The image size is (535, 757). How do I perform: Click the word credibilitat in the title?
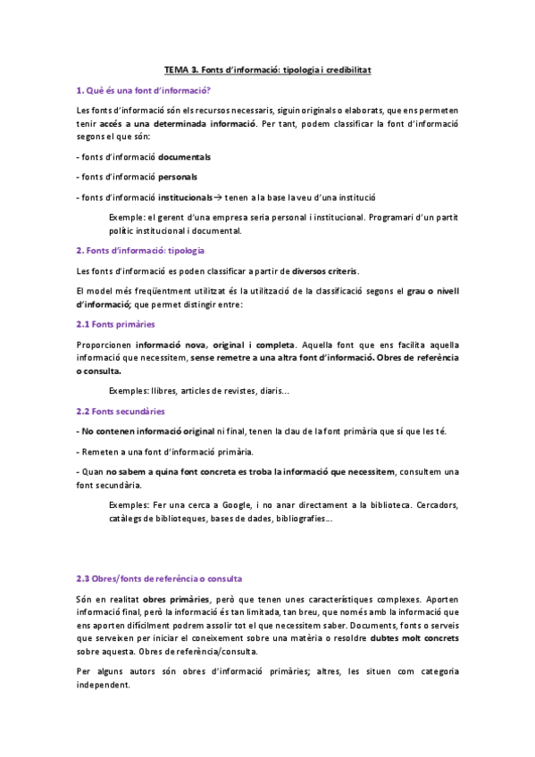pos(346,69)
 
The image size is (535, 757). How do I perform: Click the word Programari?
pos(389,217)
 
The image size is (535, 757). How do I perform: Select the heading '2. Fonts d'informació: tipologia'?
pos(140,251)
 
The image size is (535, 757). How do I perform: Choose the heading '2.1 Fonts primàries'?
pos(115,325)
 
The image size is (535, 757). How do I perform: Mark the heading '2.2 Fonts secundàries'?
pos(121,412)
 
